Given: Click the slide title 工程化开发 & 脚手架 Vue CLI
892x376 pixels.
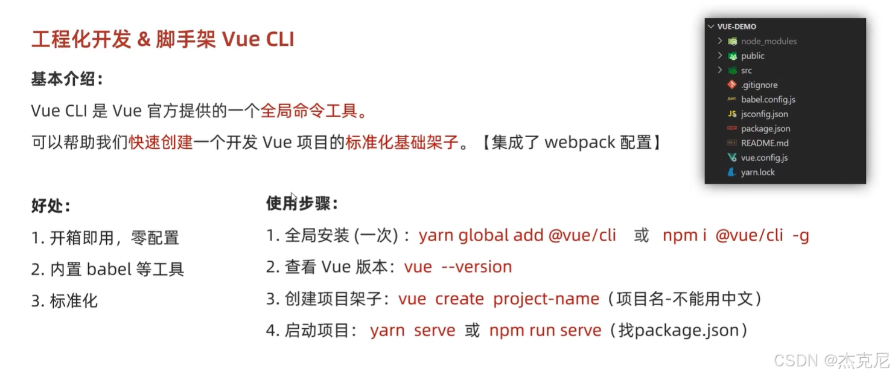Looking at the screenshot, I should pos(163,39).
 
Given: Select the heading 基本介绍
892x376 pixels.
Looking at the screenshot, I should pos(67,79).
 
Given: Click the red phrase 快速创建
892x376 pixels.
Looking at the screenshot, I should pos(161,143).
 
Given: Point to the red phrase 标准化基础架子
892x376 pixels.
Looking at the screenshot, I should pos(402,143).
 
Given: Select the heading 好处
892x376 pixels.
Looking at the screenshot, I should pos(51,206).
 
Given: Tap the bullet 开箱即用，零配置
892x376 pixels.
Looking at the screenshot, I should pos(114,238).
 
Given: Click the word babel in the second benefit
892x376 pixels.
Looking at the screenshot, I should pos(109,269).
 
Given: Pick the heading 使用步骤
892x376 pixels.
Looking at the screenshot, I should pos(302,204).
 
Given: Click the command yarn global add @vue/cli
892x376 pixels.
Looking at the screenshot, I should pos(517,235).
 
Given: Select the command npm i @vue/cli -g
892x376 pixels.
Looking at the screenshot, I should pos(736,235).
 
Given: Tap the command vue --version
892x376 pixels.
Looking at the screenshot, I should pos(458,267).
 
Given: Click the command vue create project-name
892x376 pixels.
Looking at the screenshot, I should pos(499,299).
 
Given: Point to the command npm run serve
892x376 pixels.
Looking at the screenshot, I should pos(545,331).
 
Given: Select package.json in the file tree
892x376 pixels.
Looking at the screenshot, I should pos(765,129).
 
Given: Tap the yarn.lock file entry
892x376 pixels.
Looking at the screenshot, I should pos(757,172).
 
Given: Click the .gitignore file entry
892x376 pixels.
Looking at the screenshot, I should pos(759,85).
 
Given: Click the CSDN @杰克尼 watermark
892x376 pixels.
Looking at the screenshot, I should pos(831,361).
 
